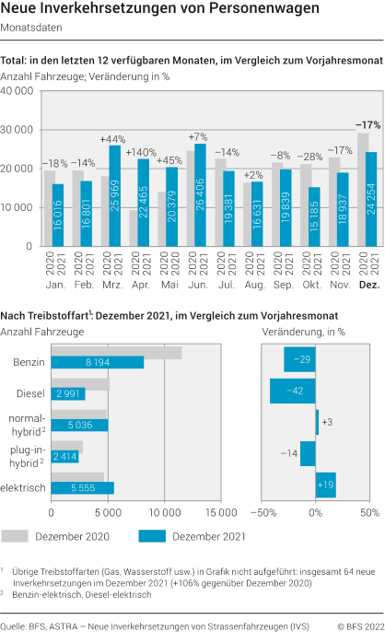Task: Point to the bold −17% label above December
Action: click(x=368, y=124)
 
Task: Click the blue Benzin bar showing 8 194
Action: click(x=98, y=362)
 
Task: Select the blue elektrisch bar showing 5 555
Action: click(x=83, y=487)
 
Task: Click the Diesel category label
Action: click(x=30, y=393)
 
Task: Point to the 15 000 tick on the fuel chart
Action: click(x=220, y=511)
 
